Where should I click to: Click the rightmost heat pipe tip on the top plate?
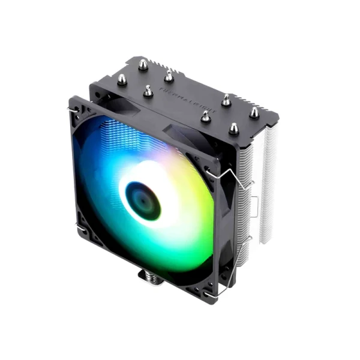[x=254, y=112]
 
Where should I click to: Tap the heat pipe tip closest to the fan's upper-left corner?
[x=122, y=79]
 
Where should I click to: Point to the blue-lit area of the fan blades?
[x=99, y=174]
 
